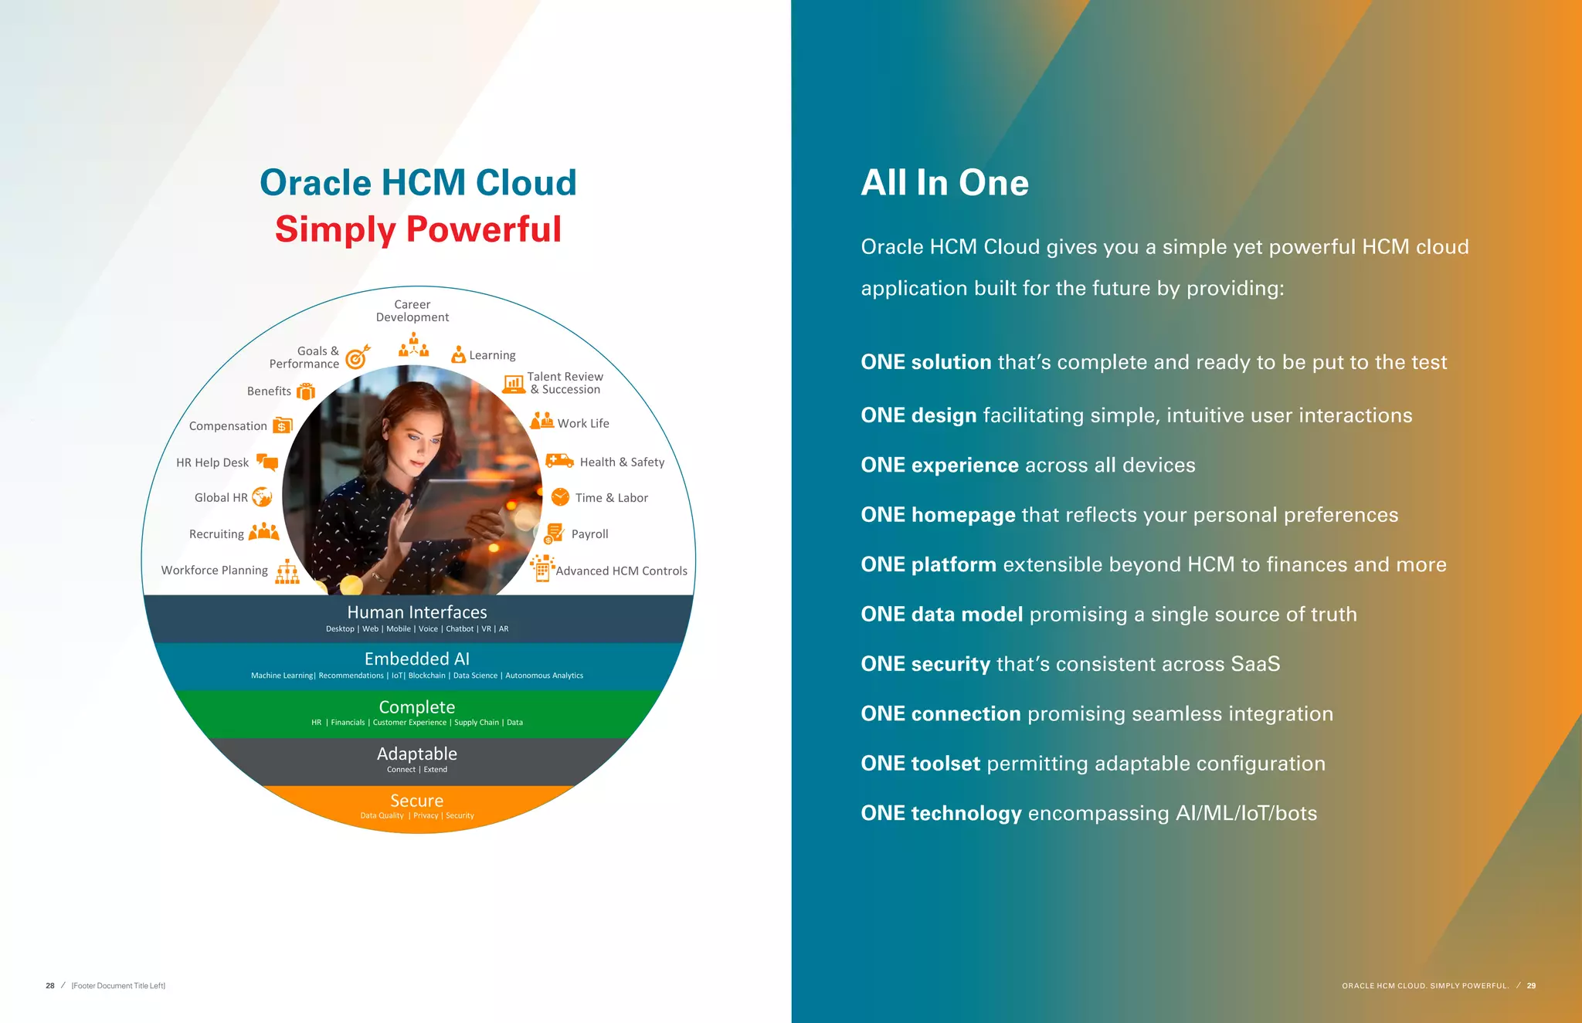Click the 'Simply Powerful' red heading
418,229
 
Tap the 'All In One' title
944,183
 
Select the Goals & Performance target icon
357,357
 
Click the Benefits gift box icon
306,391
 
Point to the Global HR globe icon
262,497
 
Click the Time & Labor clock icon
560,497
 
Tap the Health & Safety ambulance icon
558,461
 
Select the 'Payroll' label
589,534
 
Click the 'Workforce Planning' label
214,571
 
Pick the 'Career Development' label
412,311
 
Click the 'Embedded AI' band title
416,659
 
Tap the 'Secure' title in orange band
416,801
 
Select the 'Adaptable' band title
416,754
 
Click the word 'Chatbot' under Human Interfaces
460,629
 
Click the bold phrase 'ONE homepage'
938,515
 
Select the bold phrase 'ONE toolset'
921,764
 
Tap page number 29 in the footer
1531,986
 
